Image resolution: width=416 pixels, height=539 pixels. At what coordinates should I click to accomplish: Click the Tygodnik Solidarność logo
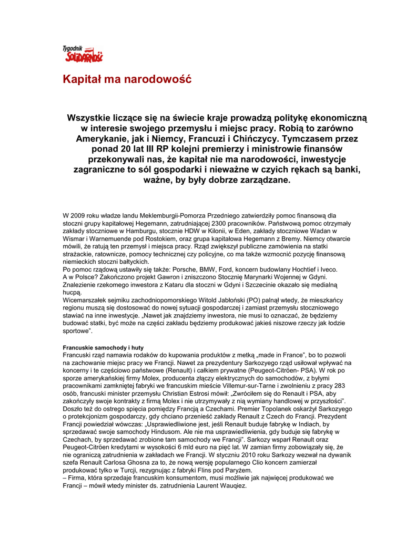click(83, 54)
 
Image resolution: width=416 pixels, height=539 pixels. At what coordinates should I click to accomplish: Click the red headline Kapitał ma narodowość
click(127, 80)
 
